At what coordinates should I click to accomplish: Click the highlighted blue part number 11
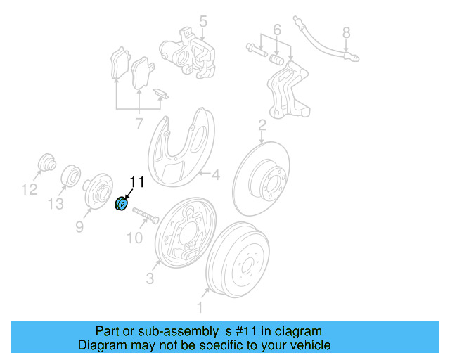(120, 205)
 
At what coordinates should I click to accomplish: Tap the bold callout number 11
(136, 182)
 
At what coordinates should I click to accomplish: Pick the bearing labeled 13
(71, 176)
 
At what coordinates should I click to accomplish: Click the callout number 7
(139, 124)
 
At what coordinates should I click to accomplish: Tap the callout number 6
(276, 30)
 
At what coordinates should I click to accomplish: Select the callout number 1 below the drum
(199, 307)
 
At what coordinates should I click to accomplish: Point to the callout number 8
(345, 32)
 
